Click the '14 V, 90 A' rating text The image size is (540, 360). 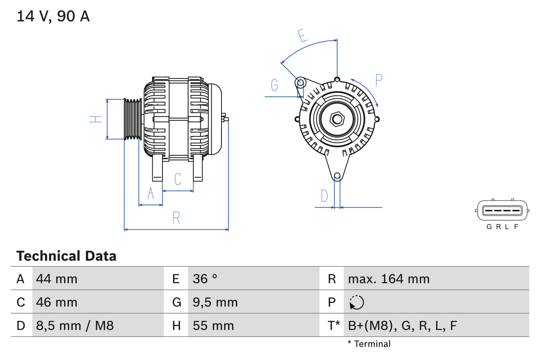tap(53, 16)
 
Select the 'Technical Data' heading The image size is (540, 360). tap(66, 256)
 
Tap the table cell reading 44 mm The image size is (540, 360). tap(57, 279)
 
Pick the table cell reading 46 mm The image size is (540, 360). tap(57, 302)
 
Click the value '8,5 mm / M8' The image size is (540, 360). tap(75, 326)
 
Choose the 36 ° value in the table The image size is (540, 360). tap(205, 279)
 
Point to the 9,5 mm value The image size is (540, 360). tap(215, 302)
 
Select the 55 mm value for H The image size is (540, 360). tap(213, 326)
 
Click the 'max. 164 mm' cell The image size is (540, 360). tap(389, 279)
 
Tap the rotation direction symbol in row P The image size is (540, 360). tap(356, 303)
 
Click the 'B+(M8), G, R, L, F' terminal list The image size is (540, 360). tap(402, 326)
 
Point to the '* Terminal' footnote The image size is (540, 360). tap(369, 344)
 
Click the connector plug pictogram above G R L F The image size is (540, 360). tap(502, 210)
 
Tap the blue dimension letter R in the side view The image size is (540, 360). tap(176, 218)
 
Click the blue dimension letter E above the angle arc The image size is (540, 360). tap(302, 36)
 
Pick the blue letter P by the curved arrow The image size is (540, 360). tap(378, 80)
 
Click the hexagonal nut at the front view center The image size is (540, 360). tap(337, 119)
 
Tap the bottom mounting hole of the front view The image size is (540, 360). tap(337, 176)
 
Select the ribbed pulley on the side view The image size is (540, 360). tap(132, 119)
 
